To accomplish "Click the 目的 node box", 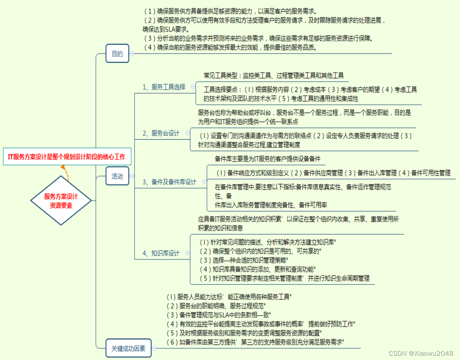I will [117, 54].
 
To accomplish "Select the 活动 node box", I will [117, 176].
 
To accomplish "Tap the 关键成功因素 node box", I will [128, 348].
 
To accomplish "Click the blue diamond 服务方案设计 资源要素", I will [61, 201].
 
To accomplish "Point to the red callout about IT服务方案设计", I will [67, 157].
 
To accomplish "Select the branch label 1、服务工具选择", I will [164, 87].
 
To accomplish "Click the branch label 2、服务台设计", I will [161, 133].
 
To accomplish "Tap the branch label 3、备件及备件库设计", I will [169, 182].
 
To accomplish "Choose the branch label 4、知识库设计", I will [161, 253].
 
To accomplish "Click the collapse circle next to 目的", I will [132, 54].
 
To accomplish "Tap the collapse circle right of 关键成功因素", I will [154, 348].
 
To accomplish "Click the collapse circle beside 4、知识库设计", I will [187, 253].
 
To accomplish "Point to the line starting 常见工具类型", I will [274, 76].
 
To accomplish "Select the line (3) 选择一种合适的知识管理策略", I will [244, 260].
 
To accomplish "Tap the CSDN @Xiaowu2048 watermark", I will [421, 353].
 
